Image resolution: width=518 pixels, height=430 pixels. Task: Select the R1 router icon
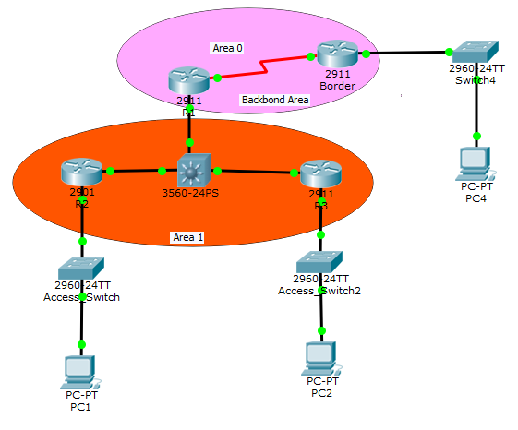189,80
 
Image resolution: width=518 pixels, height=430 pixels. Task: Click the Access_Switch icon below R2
81,268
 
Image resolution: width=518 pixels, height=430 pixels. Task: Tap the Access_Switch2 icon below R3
320,261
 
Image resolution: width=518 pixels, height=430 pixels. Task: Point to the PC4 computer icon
476,162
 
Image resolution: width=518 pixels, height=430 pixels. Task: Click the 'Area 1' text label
187,237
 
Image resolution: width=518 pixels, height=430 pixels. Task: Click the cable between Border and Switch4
406,54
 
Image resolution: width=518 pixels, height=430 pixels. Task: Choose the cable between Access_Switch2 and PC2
321,314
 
